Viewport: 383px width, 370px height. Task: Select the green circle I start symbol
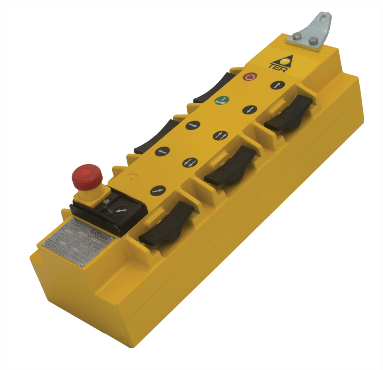coord(222,101)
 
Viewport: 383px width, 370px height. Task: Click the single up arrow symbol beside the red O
coord(277,85)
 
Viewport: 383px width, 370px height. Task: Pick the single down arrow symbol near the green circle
coord(249,110)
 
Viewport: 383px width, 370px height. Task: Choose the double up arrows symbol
coord(220,135)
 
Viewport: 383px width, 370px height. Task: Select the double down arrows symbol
coord(190,162)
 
